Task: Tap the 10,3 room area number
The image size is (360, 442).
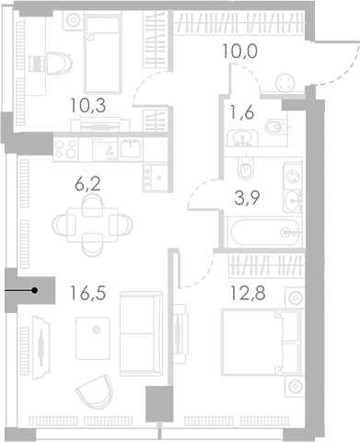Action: (87, 105)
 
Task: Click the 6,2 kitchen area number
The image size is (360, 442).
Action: (88, 184)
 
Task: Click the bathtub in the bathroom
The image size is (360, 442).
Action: (264, 232)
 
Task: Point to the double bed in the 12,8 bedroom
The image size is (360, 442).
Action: (261, 343)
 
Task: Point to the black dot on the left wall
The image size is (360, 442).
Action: (35, 290)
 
